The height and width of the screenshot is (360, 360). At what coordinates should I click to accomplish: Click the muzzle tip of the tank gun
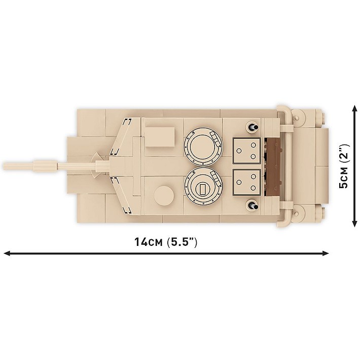click(5, 166)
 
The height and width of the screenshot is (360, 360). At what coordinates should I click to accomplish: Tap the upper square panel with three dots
click(246, 150)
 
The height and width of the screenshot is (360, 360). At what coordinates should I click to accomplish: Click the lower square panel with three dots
click(246, 183)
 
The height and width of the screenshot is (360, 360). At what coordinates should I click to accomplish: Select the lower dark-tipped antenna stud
click(250, 205)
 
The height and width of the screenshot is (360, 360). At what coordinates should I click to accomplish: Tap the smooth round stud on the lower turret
click(164, 195)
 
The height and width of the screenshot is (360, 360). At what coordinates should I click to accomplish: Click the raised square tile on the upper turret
click(160, 134)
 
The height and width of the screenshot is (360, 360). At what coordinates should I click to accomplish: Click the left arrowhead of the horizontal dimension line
click(7, 251)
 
